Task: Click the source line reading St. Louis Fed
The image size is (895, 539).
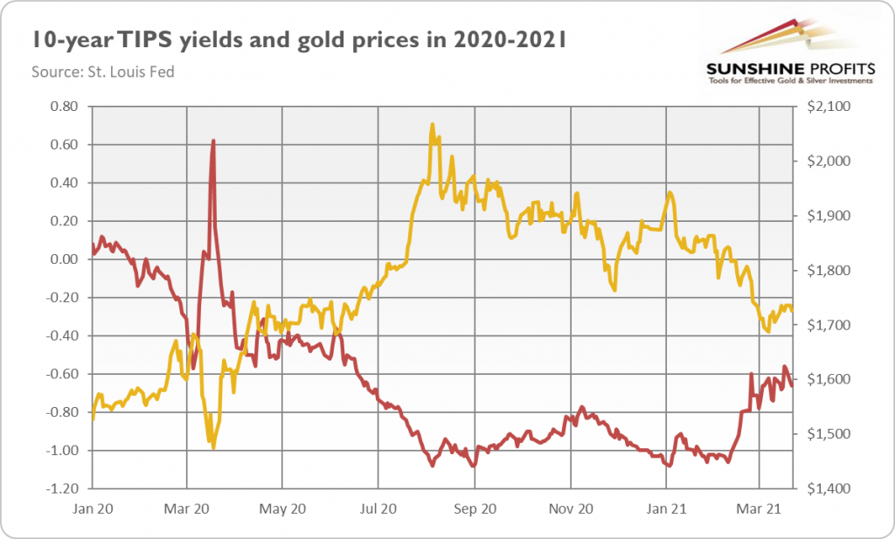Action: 103,72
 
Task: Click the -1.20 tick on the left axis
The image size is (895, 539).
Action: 64,488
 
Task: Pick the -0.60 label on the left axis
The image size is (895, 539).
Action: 64,374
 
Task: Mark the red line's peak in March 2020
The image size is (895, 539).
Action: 213,141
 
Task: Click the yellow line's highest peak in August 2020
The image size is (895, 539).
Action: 432,125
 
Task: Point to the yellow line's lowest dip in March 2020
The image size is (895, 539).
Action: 212,448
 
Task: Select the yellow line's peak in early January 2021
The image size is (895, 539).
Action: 670,192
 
